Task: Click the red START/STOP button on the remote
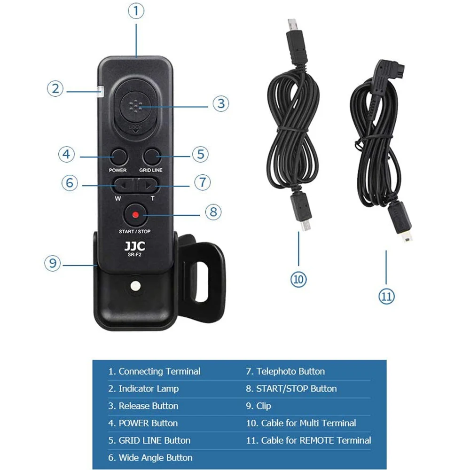[135, 215]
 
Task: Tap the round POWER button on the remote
[119, 157]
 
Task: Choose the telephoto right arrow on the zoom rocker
[148, 186]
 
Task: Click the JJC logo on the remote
[134, 246]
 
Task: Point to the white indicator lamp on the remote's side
[100, 92]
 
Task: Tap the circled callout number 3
[220, 104]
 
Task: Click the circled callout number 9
[53, 263]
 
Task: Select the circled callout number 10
[298, 279]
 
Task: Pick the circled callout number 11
[386, 297]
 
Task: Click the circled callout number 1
[136, 11]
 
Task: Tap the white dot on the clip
[135, 286]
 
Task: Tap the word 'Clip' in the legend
[264, 406]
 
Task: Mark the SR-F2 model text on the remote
[134, 255]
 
